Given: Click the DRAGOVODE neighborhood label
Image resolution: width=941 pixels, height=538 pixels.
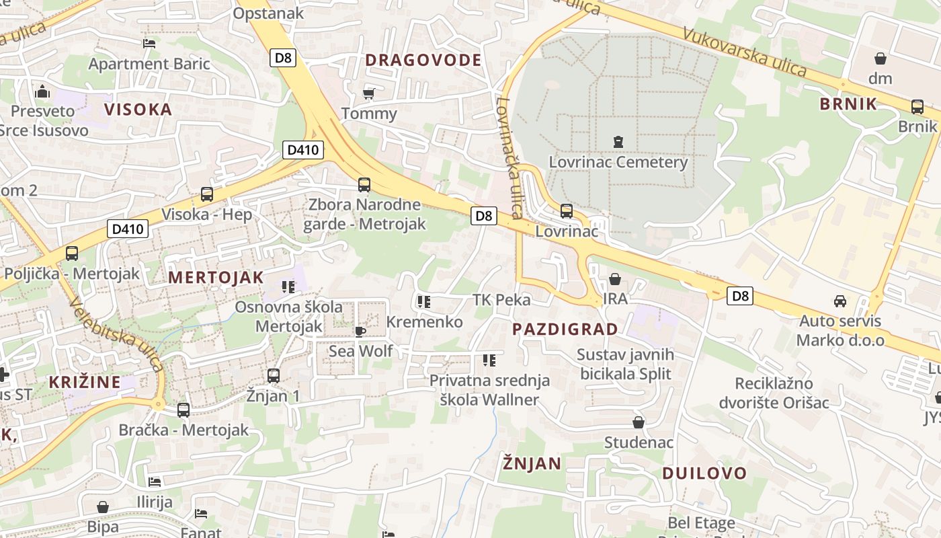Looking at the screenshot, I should [423, 60].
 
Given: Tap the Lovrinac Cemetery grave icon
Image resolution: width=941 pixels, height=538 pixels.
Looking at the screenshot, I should [618, 142].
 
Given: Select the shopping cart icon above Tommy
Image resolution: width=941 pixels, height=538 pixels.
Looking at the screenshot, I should [368, 93].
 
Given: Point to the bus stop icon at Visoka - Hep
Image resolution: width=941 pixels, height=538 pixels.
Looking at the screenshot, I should [207, 194].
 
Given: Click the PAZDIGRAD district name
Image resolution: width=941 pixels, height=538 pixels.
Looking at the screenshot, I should [565, 330].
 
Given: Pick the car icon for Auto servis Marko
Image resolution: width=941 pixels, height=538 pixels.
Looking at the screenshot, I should [840, 301].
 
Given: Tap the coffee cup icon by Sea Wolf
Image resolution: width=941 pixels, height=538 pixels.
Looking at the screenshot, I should [360, 331].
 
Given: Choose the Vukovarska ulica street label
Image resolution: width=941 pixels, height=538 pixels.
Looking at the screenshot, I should [744, 52].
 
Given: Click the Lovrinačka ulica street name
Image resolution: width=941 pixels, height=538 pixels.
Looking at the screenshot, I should [509, 158].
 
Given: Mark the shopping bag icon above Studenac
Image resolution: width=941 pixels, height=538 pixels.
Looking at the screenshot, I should [639, 422].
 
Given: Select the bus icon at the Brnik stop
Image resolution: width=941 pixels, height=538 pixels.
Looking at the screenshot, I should [917, 106].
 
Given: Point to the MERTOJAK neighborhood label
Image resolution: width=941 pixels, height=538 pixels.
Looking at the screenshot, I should [216, 277].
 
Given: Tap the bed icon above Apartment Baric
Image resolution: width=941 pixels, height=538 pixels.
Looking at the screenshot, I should [149, 44].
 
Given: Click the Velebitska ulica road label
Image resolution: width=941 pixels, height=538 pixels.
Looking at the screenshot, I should [118, 334].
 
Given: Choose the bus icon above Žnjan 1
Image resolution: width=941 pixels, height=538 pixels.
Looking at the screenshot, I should [274, 376].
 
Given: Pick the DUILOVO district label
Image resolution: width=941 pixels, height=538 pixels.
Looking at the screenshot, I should [704, 473].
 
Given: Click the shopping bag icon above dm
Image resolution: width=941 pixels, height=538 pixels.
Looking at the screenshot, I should [880, 59].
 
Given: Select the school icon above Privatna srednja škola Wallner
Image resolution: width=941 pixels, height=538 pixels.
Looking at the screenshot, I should [489, 360].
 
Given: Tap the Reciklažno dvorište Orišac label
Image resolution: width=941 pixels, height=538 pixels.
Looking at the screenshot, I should [774, 393].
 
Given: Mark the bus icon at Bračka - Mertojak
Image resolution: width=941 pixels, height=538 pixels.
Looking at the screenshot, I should [183, 410].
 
